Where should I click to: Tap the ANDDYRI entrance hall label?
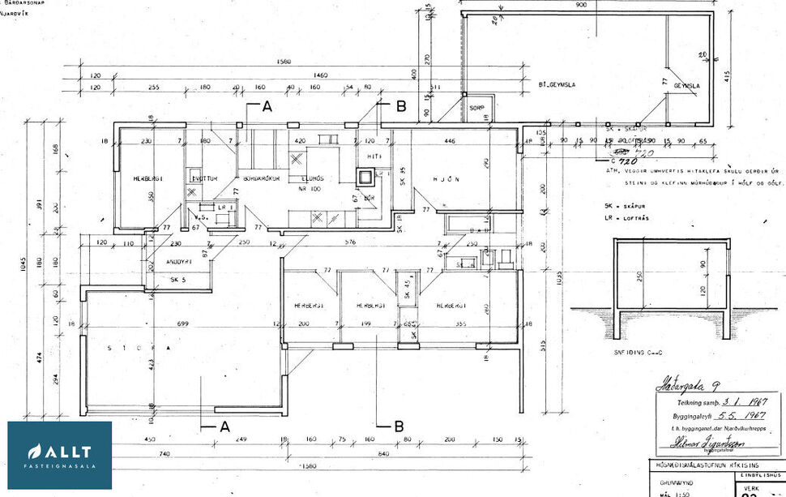click(x=178, y=261)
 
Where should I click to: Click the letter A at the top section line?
click(x=267, y=105)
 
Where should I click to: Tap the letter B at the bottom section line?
click(x=399, y=426)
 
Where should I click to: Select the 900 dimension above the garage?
click(x=581, y=5)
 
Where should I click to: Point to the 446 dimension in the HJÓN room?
click(x=450, y=140)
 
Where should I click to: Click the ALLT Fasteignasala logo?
click(x=60, y=456)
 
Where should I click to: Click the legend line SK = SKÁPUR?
click(x=627, y=207)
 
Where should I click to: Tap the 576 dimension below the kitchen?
click(x=349, y=242)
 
